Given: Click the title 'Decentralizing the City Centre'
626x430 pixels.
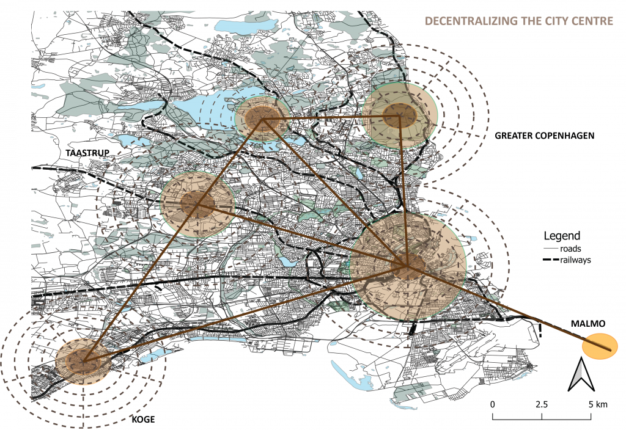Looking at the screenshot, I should point(518,21).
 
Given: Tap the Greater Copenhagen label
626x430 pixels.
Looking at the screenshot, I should point(545,135).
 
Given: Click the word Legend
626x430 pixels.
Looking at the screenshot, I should point(562,236).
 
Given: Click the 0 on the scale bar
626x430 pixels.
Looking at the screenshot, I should point(492,405).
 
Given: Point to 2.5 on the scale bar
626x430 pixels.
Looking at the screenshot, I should point(542,405).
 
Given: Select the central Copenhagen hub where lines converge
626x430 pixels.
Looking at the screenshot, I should point(407,266).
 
